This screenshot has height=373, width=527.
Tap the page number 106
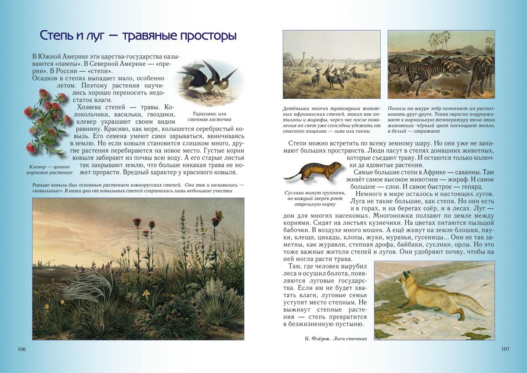[22, 349]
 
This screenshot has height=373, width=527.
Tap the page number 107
[505, 349]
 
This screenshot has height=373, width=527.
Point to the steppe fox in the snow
[433, 299]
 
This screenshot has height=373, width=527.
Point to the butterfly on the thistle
[218, 214]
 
